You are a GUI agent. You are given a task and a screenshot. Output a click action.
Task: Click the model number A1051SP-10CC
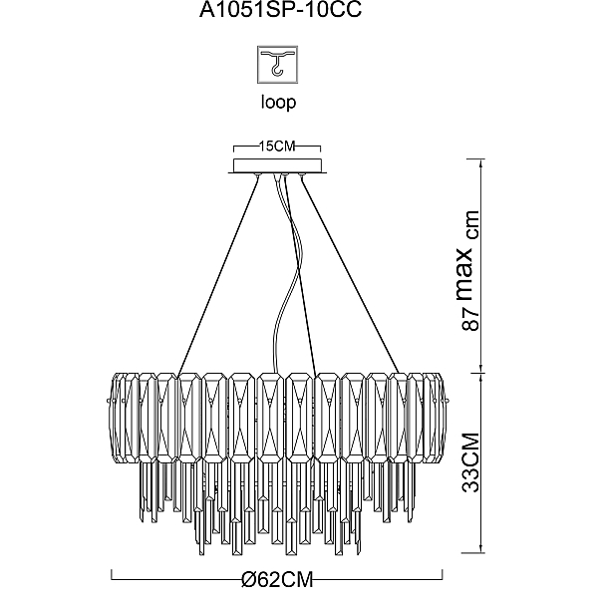pos(280,10)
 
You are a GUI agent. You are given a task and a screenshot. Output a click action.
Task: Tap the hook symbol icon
pos(277,65)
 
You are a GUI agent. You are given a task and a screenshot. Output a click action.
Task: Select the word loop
pos(278,103)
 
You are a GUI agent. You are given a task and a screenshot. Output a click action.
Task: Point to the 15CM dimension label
pos(277,147)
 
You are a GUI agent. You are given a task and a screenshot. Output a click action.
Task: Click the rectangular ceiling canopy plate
pos(277,165)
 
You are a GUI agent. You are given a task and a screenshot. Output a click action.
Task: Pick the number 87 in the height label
pos(470,319)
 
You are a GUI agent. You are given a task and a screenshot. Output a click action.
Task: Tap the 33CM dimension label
pos(470,462)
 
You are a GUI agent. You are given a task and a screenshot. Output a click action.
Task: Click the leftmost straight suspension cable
pos(218,275)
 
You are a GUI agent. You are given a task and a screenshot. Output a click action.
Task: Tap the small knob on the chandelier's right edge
pos(448,401)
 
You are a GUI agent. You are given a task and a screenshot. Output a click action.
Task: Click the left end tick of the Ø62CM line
pos(112,574)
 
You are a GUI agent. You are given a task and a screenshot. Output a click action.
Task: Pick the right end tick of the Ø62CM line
pos(443,574)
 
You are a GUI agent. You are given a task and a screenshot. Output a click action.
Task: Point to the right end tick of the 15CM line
pos(320,149)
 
